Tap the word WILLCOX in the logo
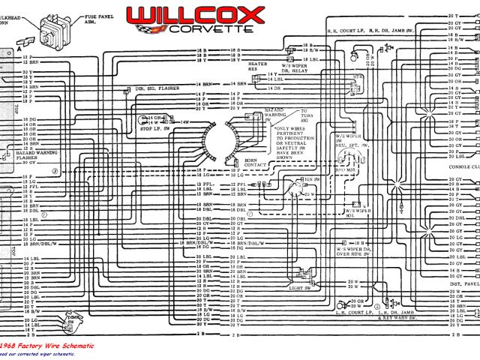tap(195, 14)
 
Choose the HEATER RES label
tap(257, 67)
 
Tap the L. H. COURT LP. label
tap(352, 310)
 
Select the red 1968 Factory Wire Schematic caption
tap(46, 345)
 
